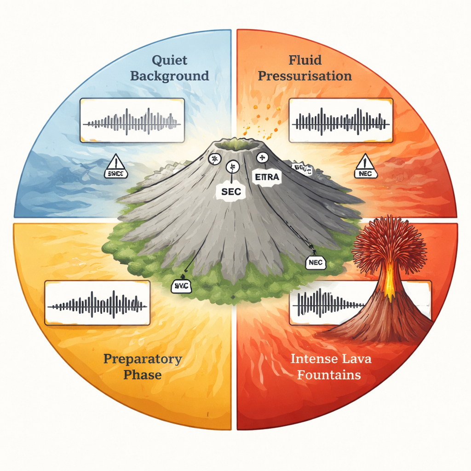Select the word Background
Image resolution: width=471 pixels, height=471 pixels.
tap(169, 75)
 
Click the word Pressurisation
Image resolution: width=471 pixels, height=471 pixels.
tap(305, 75)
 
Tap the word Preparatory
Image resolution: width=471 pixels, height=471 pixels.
tap(143, 359)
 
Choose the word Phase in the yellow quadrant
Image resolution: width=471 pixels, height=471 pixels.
tap(143, 374)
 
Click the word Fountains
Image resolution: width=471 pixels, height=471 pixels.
tap(328, 374)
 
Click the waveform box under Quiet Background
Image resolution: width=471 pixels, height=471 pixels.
tap(132, 120)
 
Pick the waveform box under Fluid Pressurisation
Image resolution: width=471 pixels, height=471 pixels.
tap(341, 120)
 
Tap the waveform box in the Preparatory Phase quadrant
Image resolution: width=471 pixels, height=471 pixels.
tap(98, 303)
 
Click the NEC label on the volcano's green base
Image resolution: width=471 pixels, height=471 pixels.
tap(316, 263)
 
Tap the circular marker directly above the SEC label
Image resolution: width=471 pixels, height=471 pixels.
tap(233, 167)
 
